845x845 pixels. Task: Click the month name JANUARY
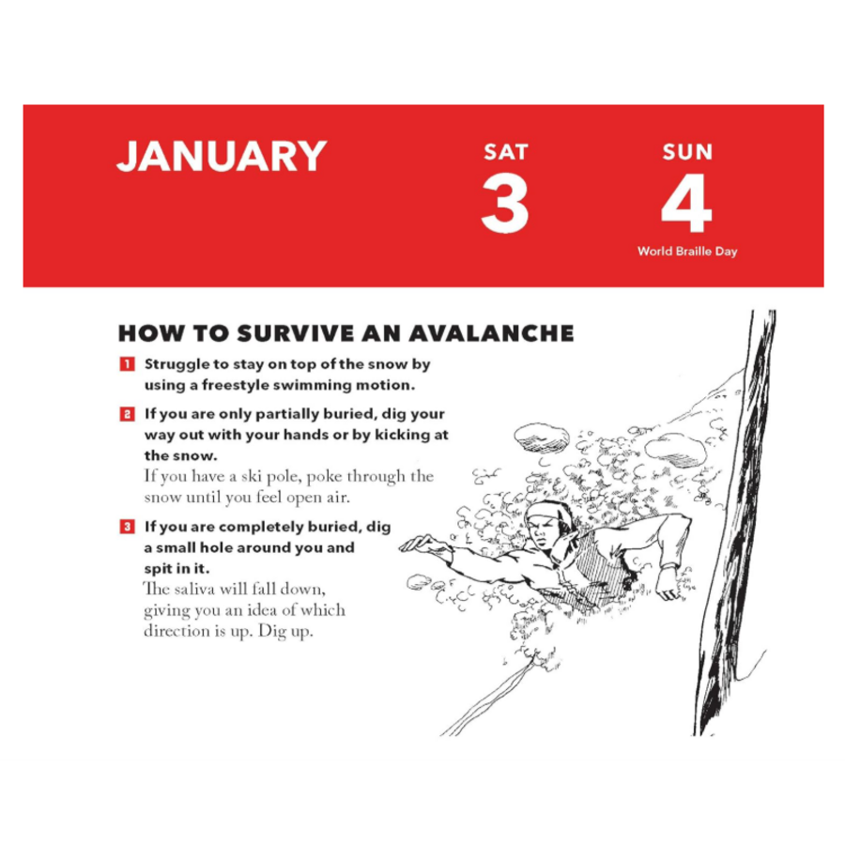click(222, 156)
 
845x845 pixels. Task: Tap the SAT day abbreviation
click(505, 152)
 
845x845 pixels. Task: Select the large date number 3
click(505, 204)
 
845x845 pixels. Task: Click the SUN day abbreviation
click(687, 152)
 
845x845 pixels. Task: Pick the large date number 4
click(686, 203)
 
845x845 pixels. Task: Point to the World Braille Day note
click(687, 251)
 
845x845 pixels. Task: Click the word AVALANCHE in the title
click(491, 333)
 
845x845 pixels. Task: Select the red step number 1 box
click(127, 364)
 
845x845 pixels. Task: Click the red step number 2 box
click(127, 414)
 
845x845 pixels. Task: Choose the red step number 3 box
click(127, 527)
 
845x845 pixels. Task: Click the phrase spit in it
click(177, 569)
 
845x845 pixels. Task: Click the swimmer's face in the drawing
click(545, 530)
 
